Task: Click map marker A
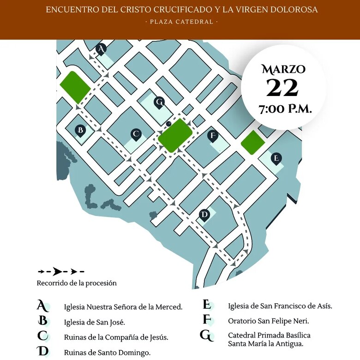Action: pyautogui.click(x=102, y=49)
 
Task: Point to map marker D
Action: pyautogui.click(x=204, y=215)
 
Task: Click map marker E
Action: pyautogui.click(x=276, y=159)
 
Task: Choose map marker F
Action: pyautogui.click(x=212, y=136)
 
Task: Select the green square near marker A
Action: pyautogui.click(x=75, y=88)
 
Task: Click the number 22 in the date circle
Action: pyautogui.click(x=282, y=88)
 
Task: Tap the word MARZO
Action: pyautogui.click(x=283, y=69)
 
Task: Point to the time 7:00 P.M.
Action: pyautogui.click(x=285, y=110)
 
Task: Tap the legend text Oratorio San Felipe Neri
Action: pyautogui.click(x=269, y=320)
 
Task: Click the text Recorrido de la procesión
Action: pyautogui.click(x=77, y=283)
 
